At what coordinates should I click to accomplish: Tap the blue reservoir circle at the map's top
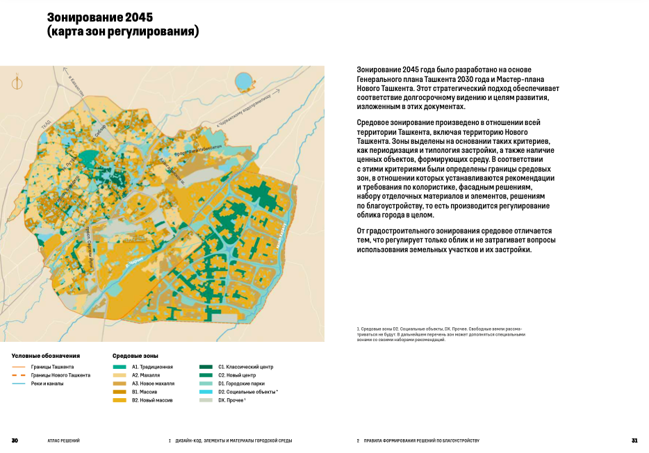click(245, 81)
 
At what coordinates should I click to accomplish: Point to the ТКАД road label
click(47, 124)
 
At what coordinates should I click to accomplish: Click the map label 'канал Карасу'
click(282, 236)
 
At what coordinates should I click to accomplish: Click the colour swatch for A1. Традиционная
click(120, 366)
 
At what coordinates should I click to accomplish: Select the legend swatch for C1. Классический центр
click(206, 366)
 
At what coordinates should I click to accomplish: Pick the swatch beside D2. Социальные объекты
click(206, 392)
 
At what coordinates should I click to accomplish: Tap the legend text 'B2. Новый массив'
click(154, 400)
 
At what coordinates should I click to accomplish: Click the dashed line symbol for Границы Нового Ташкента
click(19, 375)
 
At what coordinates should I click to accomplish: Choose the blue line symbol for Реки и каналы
click(19, 384)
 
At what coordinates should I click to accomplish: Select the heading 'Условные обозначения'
click(46, 355)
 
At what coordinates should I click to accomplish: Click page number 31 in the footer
click(634, 440)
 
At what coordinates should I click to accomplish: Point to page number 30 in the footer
click(15, 440)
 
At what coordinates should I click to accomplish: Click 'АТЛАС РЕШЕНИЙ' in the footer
click(63, 440)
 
